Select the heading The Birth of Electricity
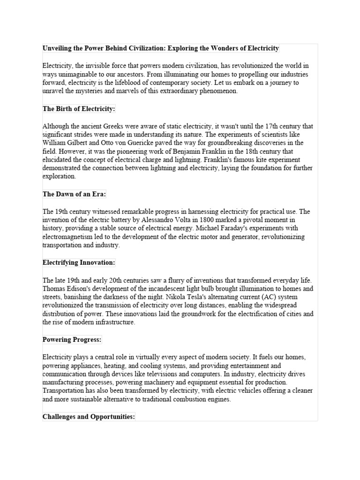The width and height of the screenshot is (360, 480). [78, 109]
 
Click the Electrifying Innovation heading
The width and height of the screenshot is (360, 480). [78, 262]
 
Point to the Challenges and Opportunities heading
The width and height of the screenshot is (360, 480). [89, 416]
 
